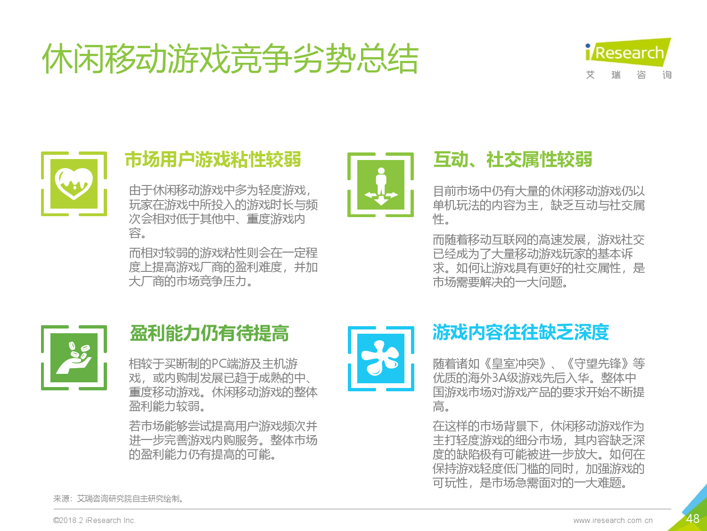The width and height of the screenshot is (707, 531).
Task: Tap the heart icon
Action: click(74, 184)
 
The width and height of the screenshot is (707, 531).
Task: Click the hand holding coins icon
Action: click(74, 358)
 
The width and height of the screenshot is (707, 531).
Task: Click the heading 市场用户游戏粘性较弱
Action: click(213, 160)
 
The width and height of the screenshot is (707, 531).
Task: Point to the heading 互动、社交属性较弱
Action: click(513, 160)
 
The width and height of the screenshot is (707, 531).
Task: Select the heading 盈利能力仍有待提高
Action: click(209, 333)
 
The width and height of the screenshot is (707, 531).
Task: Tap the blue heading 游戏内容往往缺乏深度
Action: click(520, 332)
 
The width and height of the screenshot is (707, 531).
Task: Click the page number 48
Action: click(692, 519)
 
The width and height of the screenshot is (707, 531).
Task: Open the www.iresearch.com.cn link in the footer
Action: click(613, 520)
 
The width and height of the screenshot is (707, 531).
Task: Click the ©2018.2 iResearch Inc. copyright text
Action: click(94, 520)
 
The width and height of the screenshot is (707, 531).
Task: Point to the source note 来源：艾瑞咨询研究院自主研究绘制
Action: click(118, 499)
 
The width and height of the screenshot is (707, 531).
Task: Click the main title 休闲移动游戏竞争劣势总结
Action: click(230, 59)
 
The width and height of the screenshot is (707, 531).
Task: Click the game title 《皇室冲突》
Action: click(516, 363)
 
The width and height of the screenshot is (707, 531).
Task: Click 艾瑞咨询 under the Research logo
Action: click(629, 75)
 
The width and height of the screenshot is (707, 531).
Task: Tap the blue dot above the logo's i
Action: click(588, 46)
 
